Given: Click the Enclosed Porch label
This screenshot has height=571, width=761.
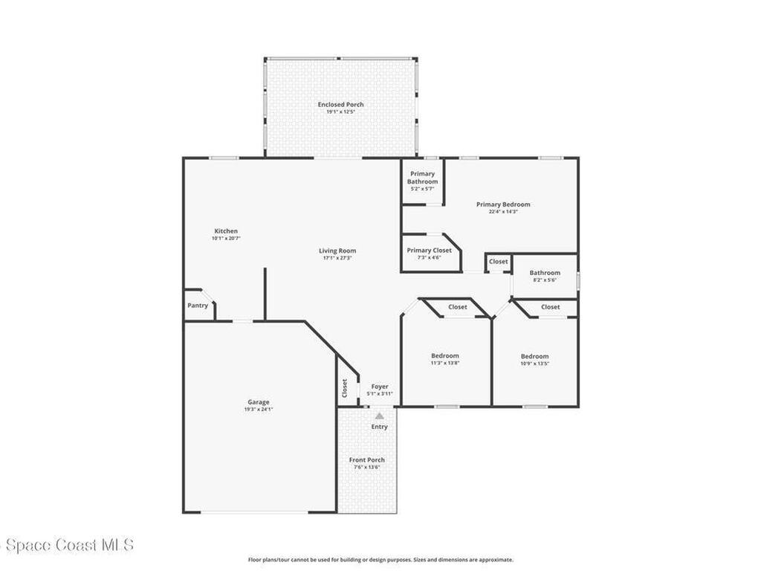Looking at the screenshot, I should pos(341,105).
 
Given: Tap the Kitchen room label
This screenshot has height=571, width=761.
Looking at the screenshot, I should pos(226,231).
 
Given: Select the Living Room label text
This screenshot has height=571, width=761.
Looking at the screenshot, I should pos(337,251).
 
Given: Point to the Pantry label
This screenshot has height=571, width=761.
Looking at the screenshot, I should pos(198,306).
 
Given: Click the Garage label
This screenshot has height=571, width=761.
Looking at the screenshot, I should pos(259,402).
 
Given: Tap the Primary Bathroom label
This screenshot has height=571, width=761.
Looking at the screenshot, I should pos(422,178).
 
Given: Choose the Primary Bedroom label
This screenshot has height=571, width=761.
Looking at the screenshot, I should pos(503,204).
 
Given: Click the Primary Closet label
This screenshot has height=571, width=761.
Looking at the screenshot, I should pos(429,251).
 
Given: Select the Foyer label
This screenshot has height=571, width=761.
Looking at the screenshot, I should pos(380,387).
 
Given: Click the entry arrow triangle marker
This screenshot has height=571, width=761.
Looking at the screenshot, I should pos(380,416).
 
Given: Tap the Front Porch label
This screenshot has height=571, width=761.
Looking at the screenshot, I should pos(367,460).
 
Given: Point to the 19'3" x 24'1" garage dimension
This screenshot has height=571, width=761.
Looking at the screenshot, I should pos(259,410).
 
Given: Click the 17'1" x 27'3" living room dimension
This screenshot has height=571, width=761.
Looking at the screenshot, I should pos(337,259).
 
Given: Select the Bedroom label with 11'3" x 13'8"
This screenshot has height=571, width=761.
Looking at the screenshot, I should pos(445,356).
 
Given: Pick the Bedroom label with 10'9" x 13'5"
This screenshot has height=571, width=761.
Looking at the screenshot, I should pos(534,357).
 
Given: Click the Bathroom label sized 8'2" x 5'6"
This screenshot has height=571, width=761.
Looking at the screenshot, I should pos(544,273).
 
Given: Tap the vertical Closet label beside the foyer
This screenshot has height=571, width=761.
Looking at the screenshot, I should pos(345,388).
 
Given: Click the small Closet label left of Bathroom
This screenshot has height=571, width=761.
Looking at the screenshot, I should pos(498,262).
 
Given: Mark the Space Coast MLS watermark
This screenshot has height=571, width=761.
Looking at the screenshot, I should pos(67,545).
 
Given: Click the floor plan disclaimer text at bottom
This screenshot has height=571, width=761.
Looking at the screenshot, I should pos(380,560).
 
